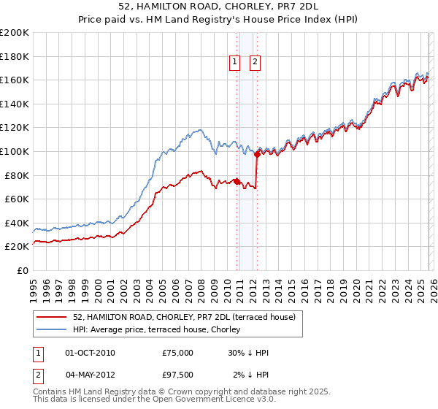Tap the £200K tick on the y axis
click(15, 33)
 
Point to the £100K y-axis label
click(15, 151)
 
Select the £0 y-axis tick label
click(23, 270)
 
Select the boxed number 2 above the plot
click(255, 63)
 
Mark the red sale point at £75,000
click(237, 181)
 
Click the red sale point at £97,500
click(257, 154)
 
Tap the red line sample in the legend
click(52, 317)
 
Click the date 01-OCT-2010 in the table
click(90, 353)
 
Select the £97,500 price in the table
click(177, 375)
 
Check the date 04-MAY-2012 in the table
click(91, 375)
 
